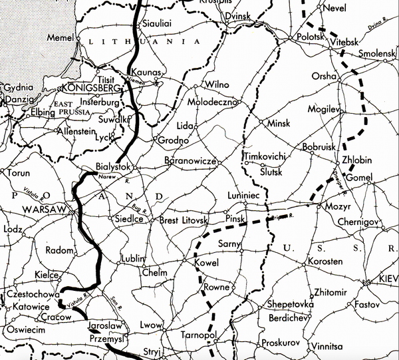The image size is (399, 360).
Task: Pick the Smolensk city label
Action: coord(377,53)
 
